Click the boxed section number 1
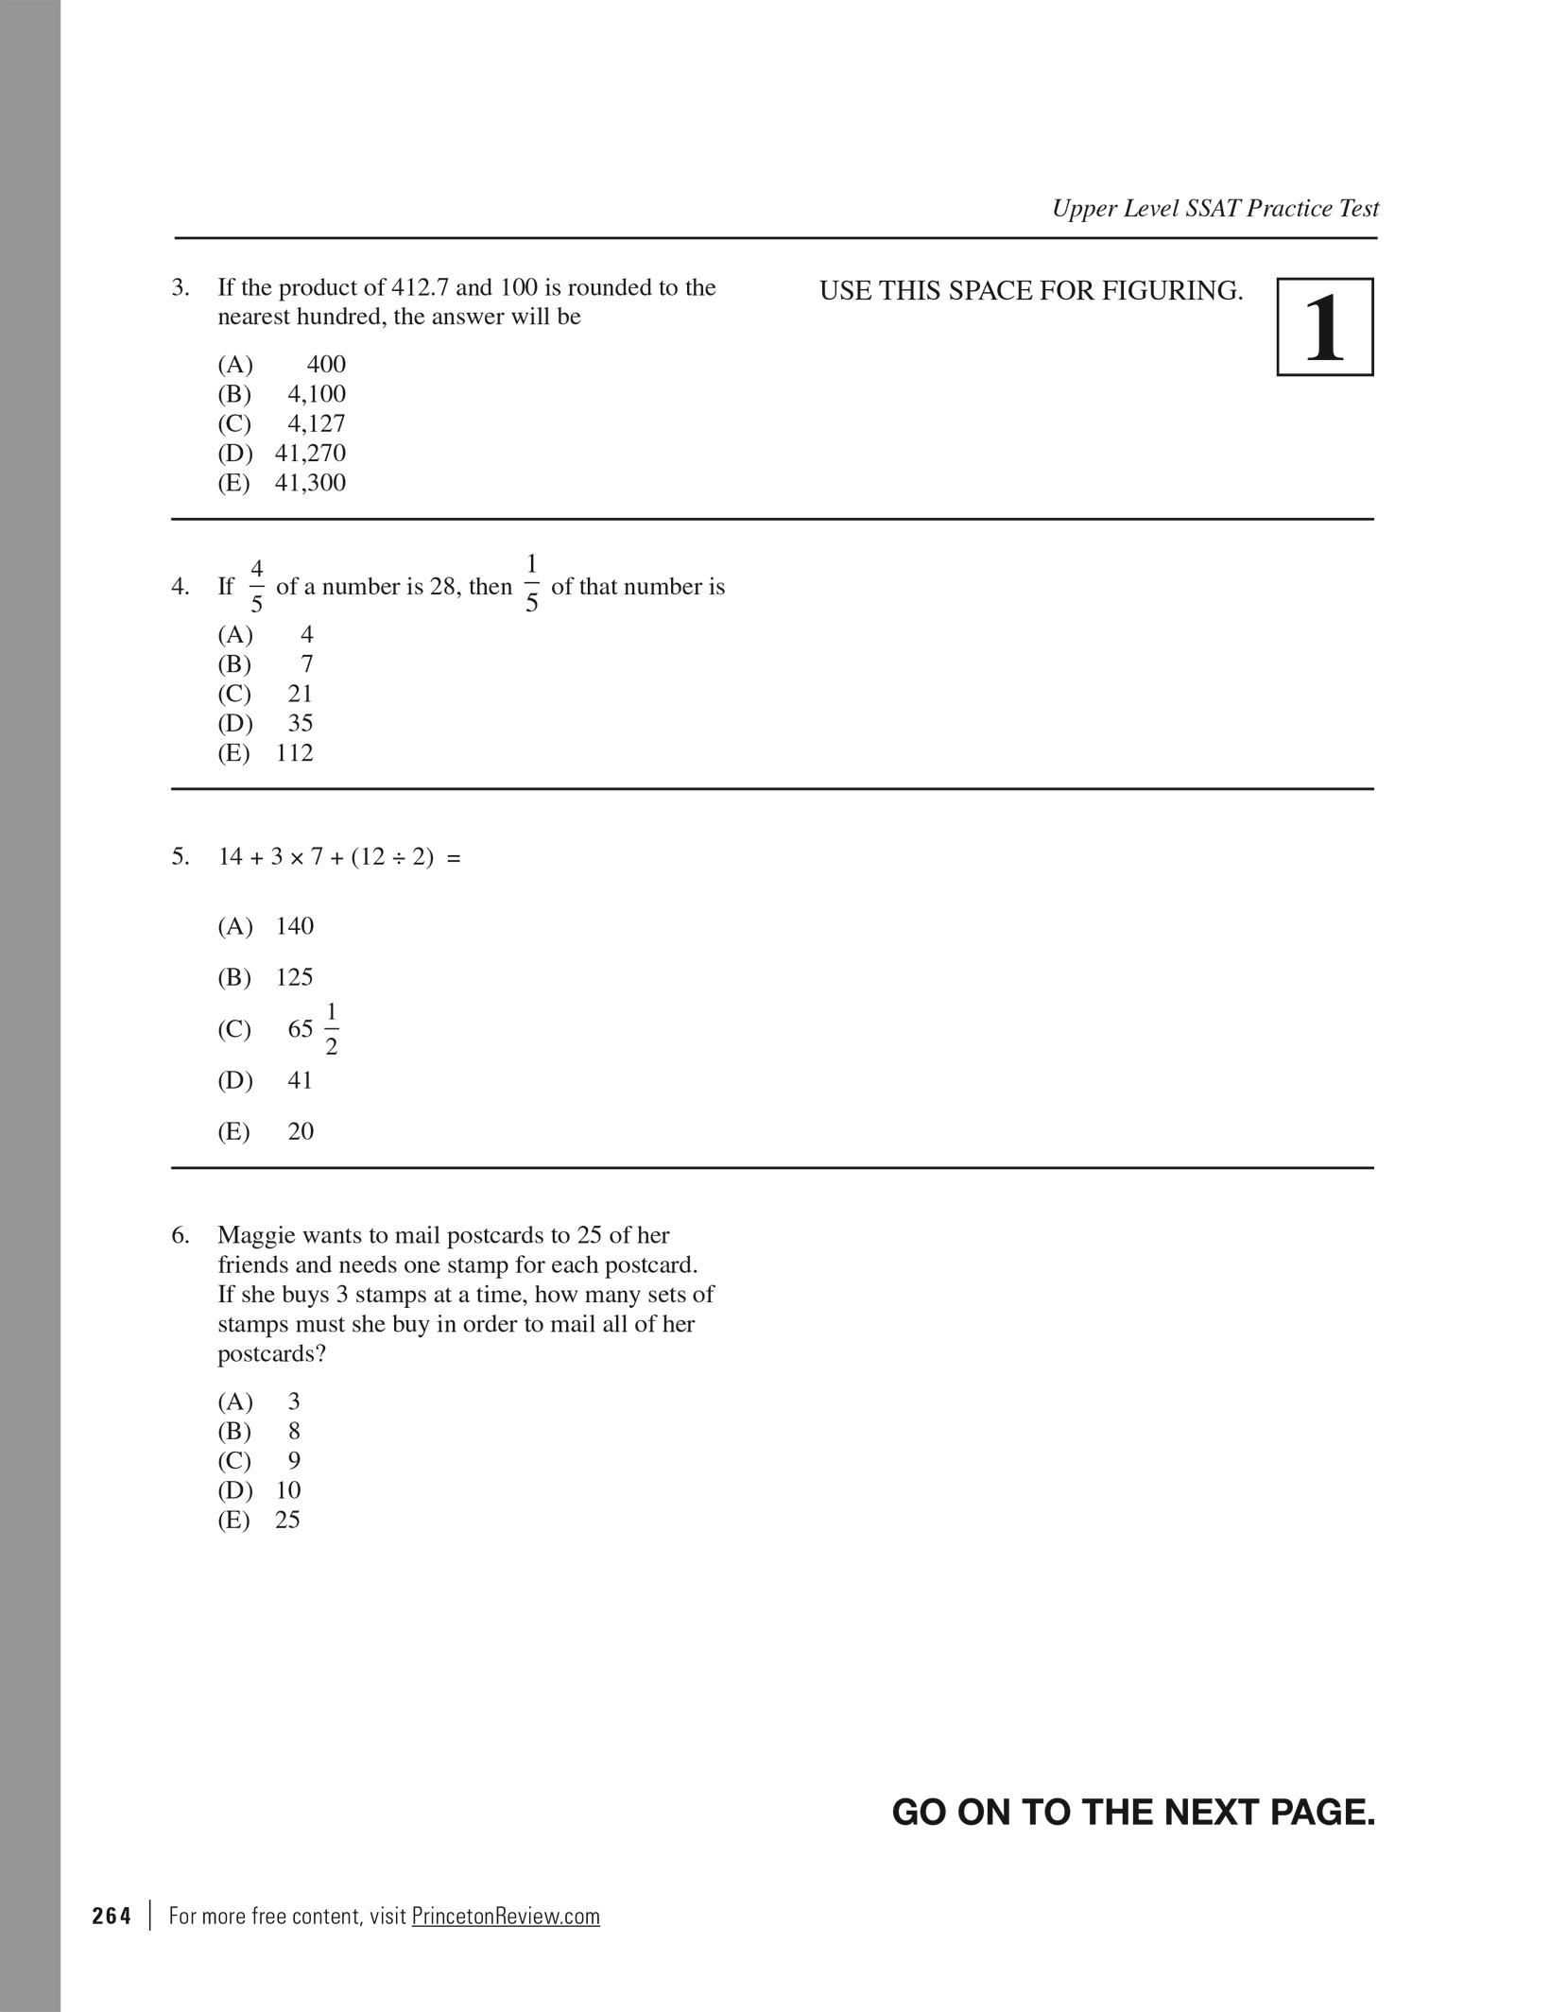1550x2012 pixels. [1324, 327]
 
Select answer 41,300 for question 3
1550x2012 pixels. [310, 483]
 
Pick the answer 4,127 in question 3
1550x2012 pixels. [317, 423]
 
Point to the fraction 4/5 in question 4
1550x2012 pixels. [256, 586]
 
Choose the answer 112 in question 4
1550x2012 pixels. [294, 753]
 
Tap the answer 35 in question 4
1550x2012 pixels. [300, 723]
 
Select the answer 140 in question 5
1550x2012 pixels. [294, 926]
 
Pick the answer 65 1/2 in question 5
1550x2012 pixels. [313, 1028]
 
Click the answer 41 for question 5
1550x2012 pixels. [300, 1080]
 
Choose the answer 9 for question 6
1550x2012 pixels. [294, 1461]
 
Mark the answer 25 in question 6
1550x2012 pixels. [287, 1521]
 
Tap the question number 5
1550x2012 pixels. [180, 857]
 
